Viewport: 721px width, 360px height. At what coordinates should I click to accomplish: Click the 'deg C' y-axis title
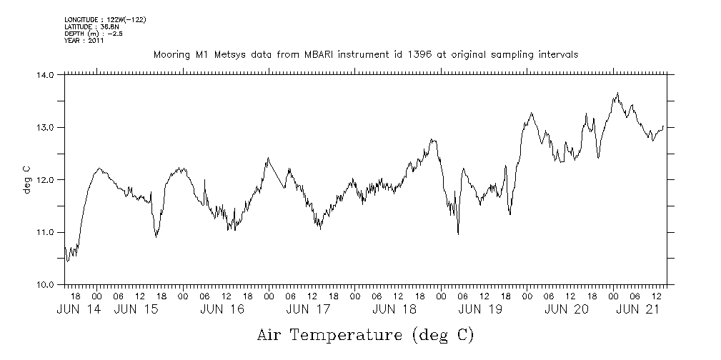tap(26, 179)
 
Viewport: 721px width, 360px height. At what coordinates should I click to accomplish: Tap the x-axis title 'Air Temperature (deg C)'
tap(365, 334)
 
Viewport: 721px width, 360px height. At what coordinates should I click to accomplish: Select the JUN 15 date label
tap(135, 309)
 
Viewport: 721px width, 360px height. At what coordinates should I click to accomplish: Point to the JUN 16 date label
tap(222, 309)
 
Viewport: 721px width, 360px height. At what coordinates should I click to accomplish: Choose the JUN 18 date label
tap(394, 309)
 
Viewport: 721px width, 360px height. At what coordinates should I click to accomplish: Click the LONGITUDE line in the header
tap(105, 19)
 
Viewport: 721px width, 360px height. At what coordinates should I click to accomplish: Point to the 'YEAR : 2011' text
tap(84, 41)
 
